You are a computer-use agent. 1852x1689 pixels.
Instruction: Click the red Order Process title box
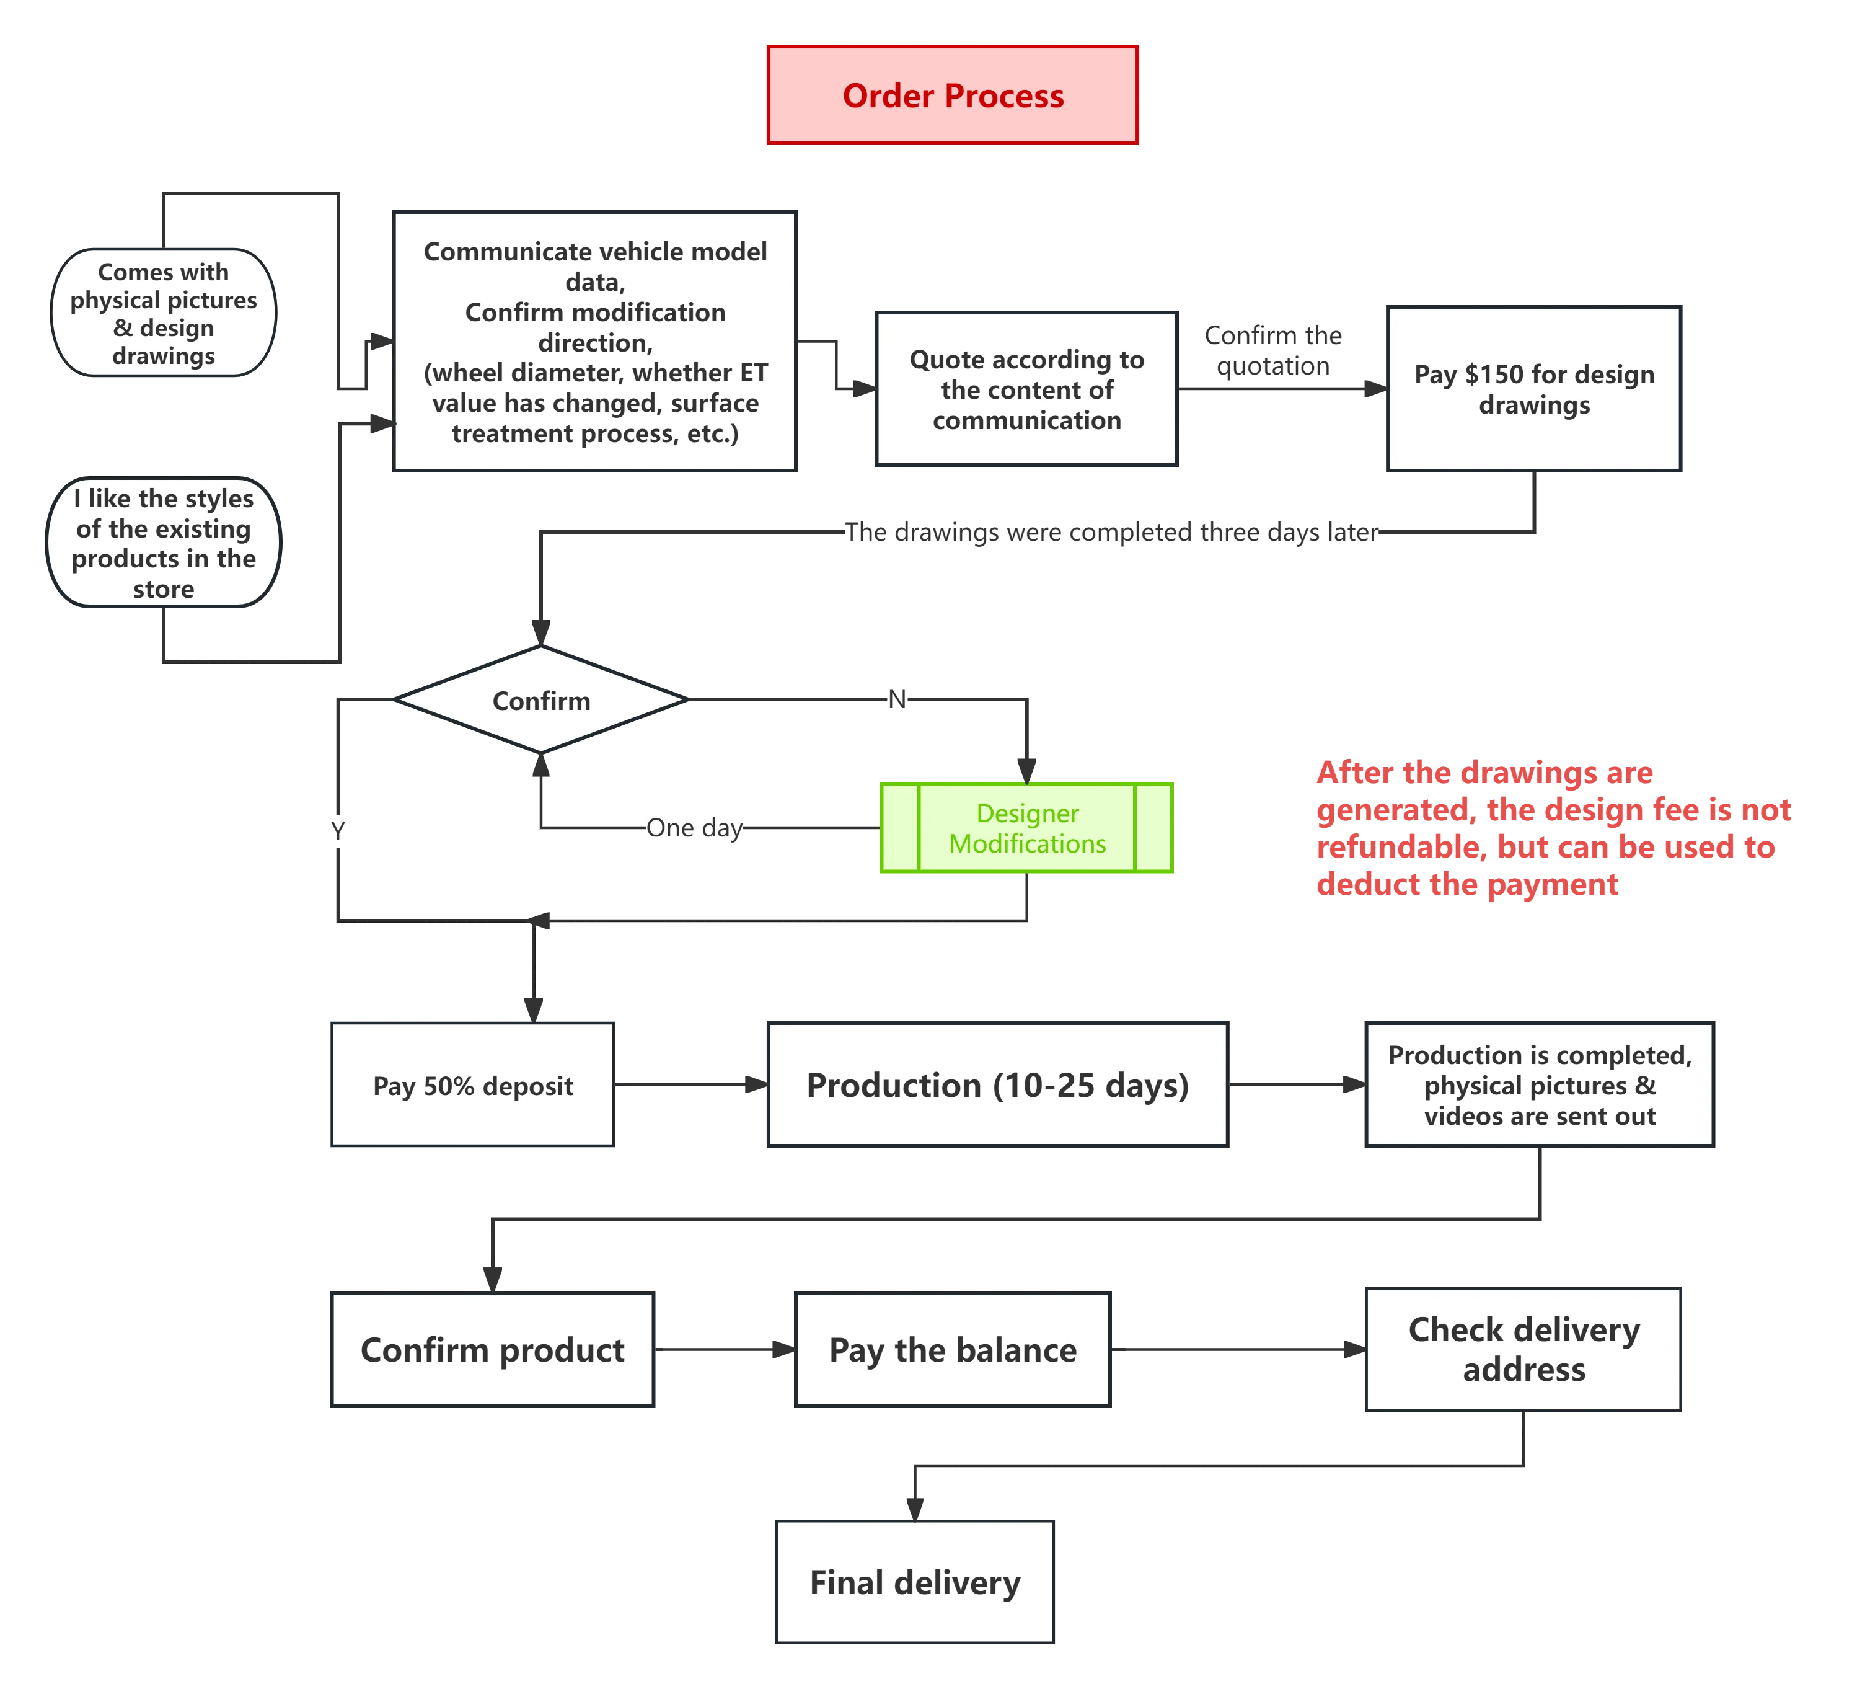point(952,95)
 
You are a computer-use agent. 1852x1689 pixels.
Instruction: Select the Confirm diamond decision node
point(541,700)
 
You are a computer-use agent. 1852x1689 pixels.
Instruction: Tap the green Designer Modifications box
point(1026,828)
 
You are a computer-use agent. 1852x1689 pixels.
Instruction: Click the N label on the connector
point(897,699)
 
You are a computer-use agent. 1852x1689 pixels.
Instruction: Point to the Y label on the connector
point(337,831)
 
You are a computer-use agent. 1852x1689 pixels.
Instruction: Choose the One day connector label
point(694,828)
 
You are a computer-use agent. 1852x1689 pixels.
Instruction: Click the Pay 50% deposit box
point(472,1085)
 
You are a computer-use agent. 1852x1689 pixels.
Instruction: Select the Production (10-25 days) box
point(997,1085)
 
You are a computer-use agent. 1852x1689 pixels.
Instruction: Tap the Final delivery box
point(915,1582)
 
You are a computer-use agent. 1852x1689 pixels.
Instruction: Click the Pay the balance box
point(953,1350)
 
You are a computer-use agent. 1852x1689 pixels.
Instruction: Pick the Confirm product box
point(492,1350)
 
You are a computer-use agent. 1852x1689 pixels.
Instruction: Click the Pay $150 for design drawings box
point(1533,389)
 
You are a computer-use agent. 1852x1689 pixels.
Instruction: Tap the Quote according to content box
point(1026,389)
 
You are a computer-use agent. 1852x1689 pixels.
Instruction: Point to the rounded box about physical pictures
point(164,313)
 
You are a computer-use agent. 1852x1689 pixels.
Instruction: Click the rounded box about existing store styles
point(164,542)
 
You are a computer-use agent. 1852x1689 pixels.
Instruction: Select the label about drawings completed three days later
point(1111,531)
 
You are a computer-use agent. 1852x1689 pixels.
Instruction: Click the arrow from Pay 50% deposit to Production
point(689,1084)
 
